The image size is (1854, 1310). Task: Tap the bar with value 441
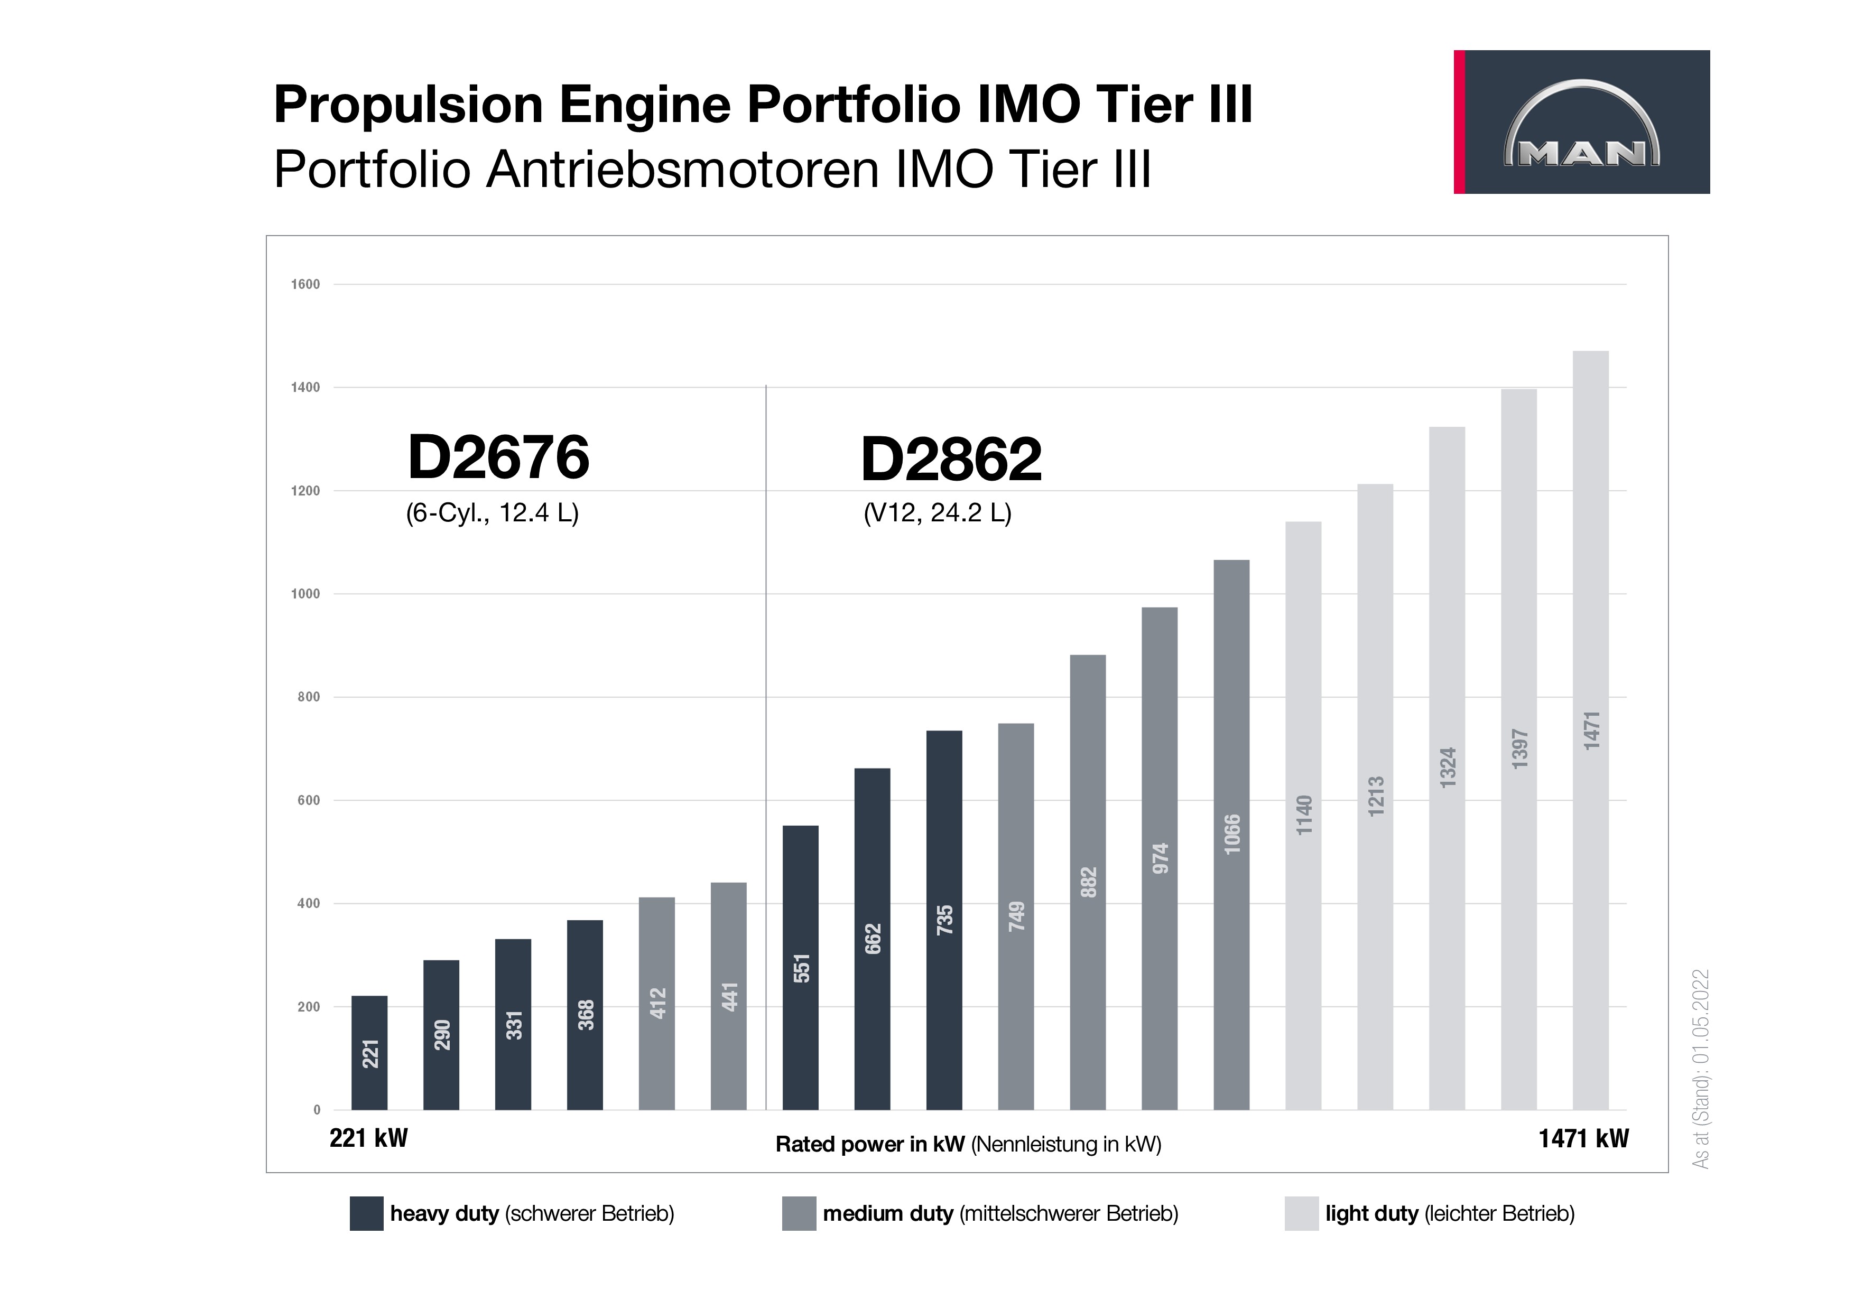(x=728, y=996)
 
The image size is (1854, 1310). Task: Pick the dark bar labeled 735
(x=944, y=920)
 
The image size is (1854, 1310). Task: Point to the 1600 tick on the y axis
(x=305, y=284)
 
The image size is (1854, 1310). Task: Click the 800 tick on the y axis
(x=309, y=697)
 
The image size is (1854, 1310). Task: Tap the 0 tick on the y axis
(x=317, y=1110)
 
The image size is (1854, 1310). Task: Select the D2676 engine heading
(x=498, y=457)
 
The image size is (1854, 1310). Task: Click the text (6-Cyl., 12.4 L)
(x=492, y=513)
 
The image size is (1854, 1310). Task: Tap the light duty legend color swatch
(x=1301, y=1213)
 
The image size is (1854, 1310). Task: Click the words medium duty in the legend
(x=887, y=1213)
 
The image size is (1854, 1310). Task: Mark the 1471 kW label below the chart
(x=1583, y=1139)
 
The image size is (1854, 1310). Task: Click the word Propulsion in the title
(x=408, y=105)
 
